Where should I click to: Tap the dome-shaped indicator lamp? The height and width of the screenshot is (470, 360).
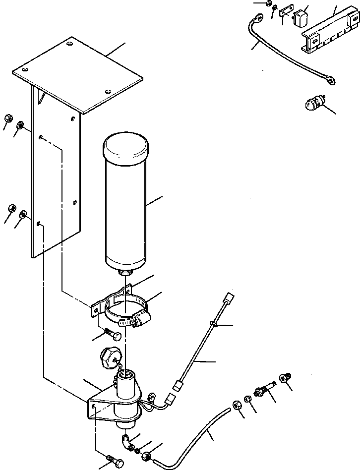314,105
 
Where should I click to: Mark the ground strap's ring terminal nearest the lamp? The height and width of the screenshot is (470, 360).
329,77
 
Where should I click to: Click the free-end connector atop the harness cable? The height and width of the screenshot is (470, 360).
228,299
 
